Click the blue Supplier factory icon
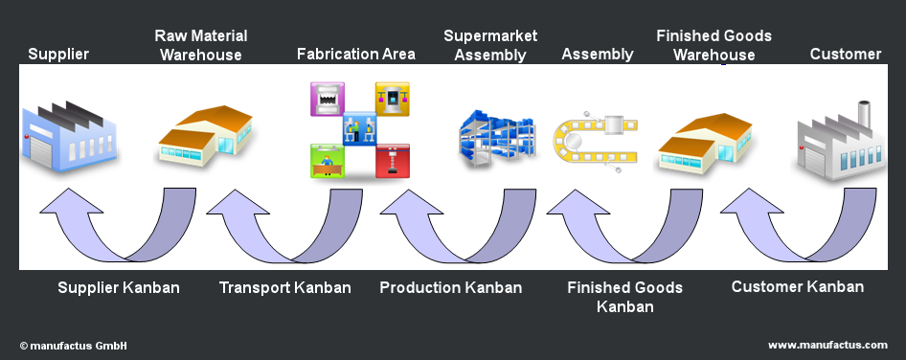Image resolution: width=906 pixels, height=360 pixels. click(69, 136)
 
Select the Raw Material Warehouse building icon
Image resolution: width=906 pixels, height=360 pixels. click(206, 136)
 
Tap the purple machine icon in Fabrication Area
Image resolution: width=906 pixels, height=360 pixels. click(327, 99)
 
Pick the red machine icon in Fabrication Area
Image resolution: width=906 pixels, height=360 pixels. click(393, 161)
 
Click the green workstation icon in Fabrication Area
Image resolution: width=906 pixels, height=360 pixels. click(327, 161)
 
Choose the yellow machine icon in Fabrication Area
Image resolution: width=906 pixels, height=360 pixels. click(393, 99)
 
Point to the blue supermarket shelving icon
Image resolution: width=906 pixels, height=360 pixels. click(497, 138)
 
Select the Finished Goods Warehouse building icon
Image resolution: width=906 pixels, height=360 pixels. click(706, 142)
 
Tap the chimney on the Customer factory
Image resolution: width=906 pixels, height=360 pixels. click(864, 113)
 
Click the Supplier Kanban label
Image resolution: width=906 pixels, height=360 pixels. click(119, 288)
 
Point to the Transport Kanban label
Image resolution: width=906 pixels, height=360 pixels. click(284, 288)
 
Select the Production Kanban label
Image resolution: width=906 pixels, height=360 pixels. click(451, 288)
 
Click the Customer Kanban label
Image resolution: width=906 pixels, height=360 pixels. click(798, 286)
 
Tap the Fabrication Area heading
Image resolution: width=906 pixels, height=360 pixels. click(356, 55)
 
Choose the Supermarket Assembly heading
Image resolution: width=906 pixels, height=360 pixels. click(490, 45)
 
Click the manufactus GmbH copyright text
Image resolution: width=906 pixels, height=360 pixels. click(74, 347)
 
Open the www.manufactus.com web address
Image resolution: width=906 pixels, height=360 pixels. click(827, 345)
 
